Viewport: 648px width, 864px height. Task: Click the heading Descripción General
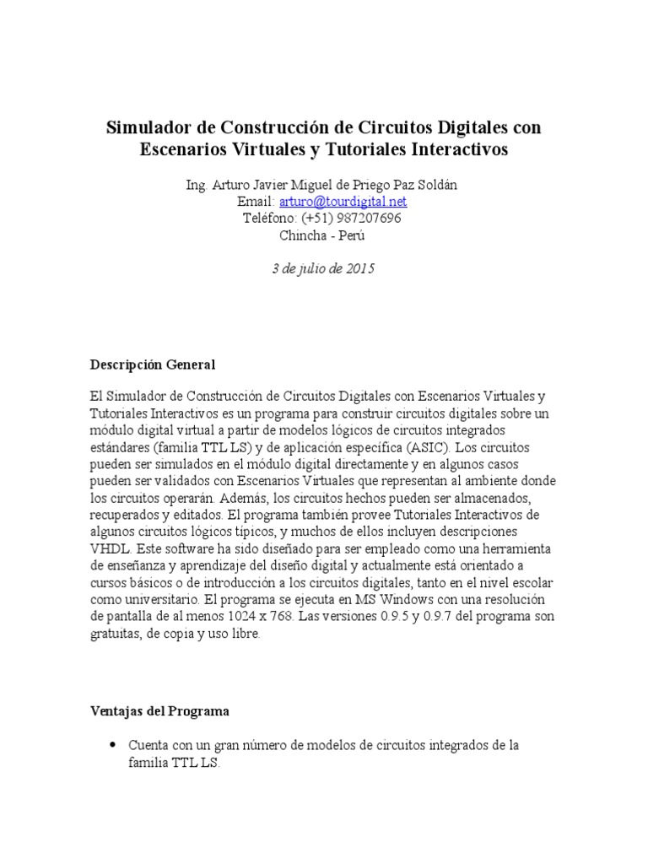tap(153, 364)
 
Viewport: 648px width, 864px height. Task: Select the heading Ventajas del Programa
tap(159, 710)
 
